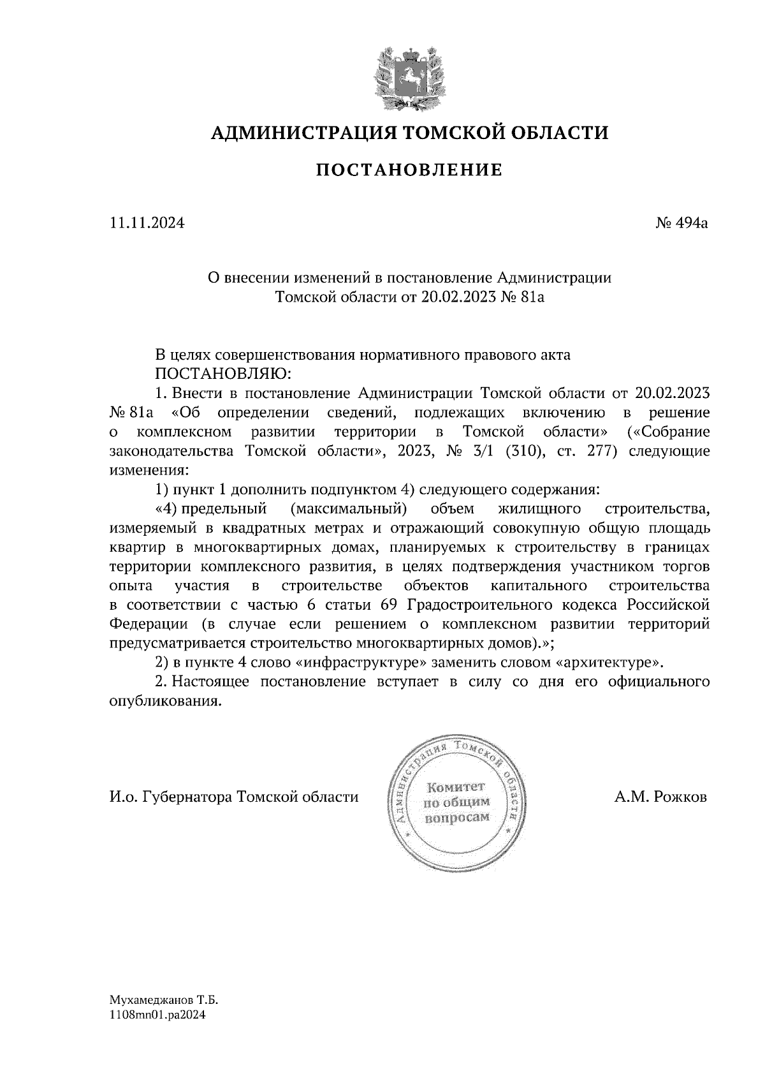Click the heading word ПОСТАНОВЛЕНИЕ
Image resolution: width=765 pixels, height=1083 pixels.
[x=409, y=170]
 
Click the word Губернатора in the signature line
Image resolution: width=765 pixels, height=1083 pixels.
[x=189, y=797]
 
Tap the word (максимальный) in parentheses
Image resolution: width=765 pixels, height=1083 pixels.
[x=347, y=509]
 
